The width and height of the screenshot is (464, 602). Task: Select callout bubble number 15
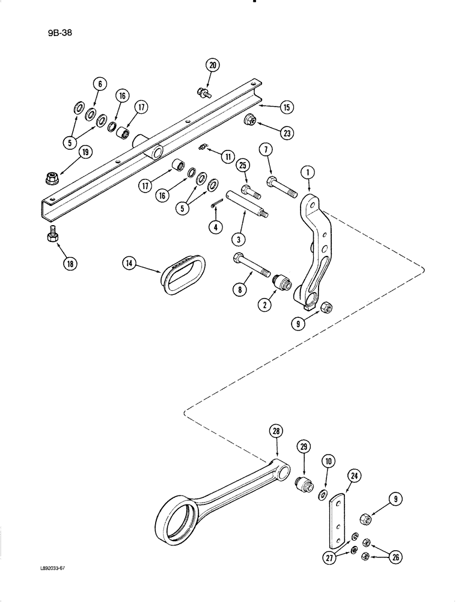click(286, 108)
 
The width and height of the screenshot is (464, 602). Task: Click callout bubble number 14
click(129, 262)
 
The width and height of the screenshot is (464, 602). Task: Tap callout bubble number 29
click(304, 447)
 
